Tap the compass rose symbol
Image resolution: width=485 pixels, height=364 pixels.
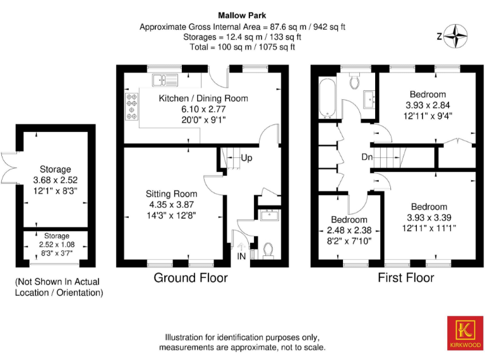(457, 35)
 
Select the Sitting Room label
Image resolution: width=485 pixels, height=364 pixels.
(171, 193)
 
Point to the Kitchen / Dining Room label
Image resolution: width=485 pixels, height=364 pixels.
(203, 98)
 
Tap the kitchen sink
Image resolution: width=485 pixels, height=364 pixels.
(165, 80)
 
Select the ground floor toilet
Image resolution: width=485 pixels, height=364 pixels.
(268, 250)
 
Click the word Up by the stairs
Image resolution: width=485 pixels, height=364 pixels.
(246, 157)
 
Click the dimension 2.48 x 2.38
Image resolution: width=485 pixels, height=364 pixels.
(349, 229)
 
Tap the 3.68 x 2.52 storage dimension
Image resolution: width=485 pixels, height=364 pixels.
(56, 179)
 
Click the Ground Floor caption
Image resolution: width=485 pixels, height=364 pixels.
(191, 278)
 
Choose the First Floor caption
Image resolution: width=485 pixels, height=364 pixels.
(405, 278)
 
